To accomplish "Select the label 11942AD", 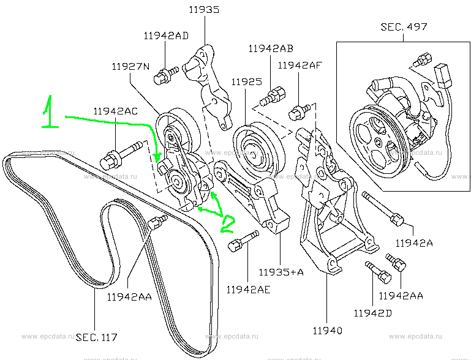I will [167, 36].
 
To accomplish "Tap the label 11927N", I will [130, 66].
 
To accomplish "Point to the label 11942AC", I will [116, 111].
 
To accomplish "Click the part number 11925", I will [247, 81].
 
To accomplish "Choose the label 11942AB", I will [271, 48].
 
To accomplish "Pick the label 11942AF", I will [300, 64].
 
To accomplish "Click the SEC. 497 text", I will [404, 27].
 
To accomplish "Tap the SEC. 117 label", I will [96, 337].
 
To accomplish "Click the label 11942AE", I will [248, 289].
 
